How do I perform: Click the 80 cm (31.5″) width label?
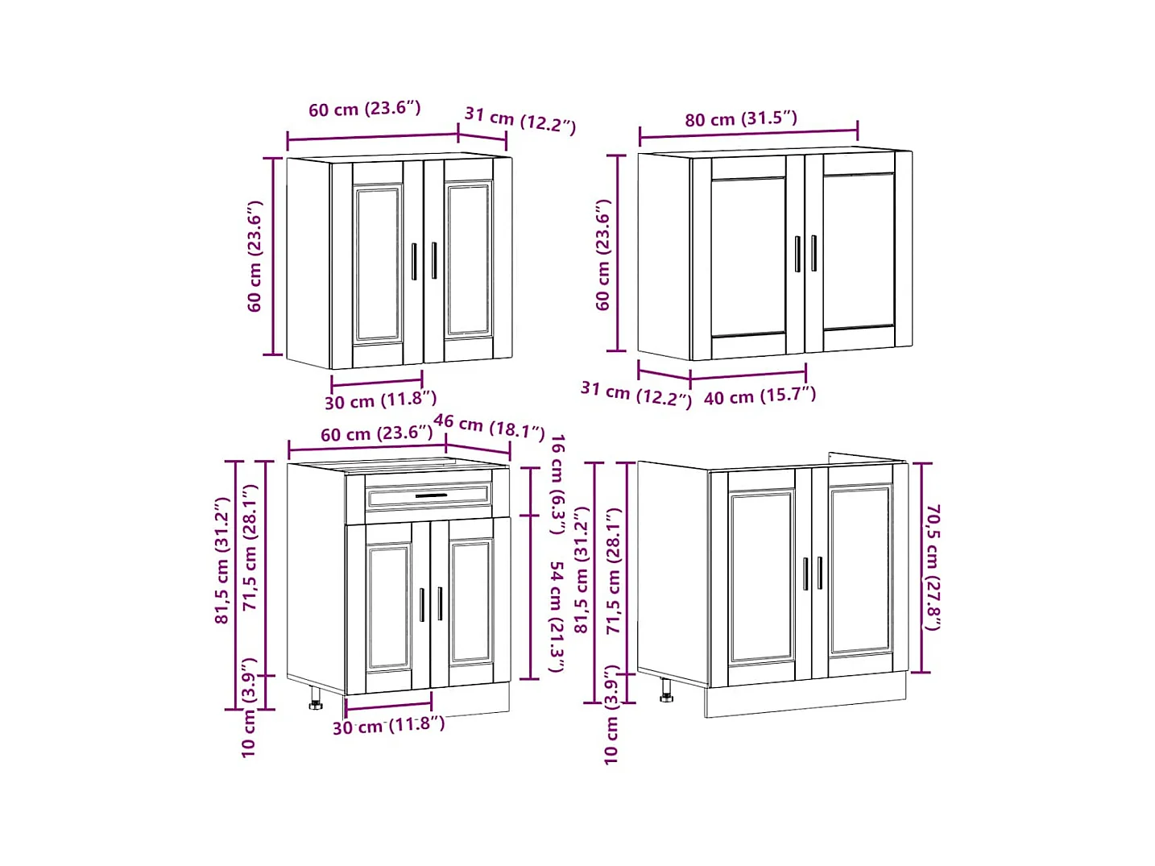(740, 119)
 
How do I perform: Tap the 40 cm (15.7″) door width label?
(760, 396)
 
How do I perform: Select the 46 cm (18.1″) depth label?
(489, 427)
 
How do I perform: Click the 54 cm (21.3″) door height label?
(557, 616)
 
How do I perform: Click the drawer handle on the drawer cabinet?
(431, 495)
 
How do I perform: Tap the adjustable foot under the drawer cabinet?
(316, 698)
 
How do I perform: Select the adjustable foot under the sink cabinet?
(666, 690)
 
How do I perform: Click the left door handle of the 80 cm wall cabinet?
(797, 254)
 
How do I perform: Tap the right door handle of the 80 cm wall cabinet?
(814, 253)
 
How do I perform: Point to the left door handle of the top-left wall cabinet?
(414, 262)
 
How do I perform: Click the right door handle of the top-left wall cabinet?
(434, 260)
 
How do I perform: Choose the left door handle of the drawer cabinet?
(422, 605)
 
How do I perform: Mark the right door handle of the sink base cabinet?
(820, 573)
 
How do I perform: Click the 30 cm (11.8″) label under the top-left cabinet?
(380, 400)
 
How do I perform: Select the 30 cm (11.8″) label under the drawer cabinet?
(389, 726)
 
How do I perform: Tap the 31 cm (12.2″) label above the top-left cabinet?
(520, 121)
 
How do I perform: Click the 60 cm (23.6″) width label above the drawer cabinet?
(377, 434)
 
